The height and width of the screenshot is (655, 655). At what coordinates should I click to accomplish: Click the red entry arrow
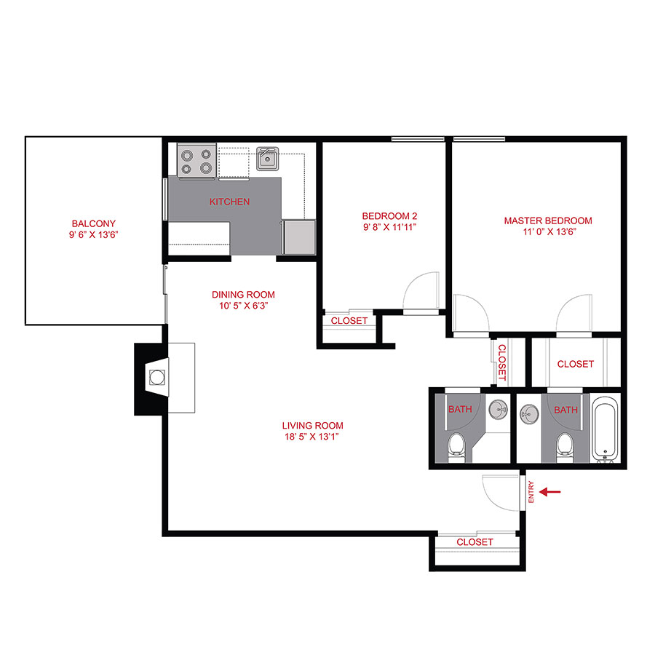[552, 492]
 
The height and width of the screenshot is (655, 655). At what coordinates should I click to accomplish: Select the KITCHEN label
[229, 202]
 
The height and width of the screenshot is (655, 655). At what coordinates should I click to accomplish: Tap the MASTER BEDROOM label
[548, 221]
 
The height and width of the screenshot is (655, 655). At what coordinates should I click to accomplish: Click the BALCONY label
[93, 223]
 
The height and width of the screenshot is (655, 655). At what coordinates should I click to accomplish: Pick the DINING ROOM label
[243, 295]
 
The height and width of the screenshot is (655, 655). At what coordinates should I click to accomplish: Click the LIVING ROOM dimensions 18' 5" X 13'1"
[312, 437]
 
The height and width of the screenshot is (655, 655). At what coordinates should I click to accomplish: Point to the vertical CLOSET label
[501, 362]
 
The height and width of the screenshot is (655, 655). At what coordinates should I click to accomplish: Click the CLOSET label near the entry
[475, 542]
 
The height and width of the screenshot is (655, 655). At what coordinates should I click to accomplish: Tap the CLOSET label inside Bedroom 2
[349, 320]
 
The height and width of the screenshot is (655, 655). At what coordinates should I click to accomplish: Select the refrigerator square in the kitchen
[298, 237]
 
